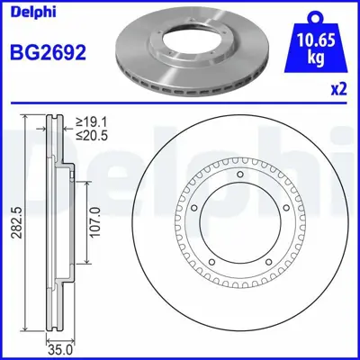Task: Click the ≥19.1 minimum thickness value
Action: coord(93,121)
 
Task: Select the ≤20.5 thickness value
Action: coord(93,134)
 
